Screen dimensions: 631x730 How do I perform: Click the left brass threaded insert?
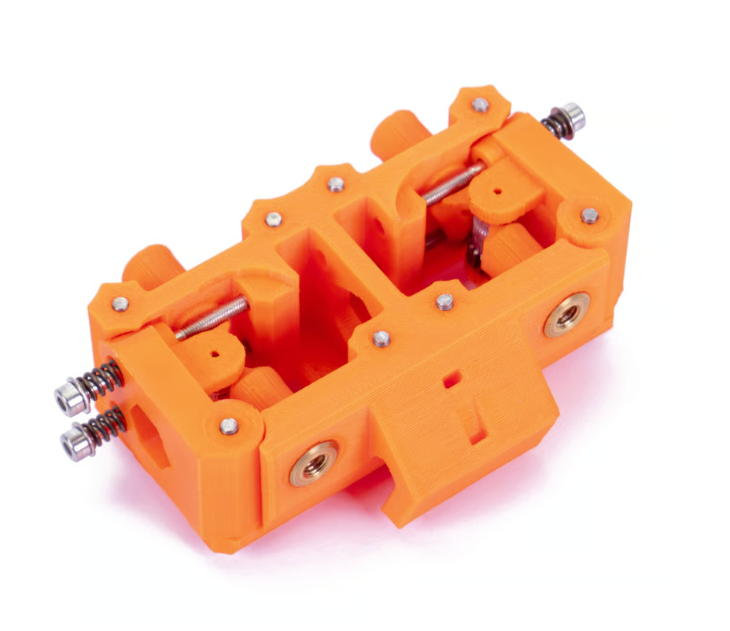coord(314,463)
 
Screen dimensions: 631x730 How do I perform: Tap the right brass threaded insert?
coord(567,315)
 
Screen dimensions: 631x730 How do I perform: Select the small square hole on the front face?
coord(452,379)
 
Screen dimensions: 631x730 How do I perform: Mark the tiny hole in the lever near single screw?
coord(497,191)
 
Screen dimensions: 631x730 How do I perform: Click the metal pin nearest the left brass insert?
coord(229,426)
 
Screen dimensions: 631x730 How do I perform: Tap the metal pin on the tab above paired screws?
coord(120,304)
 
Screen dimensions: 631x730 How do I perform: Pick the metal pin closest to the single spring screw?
coord(480,105)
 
